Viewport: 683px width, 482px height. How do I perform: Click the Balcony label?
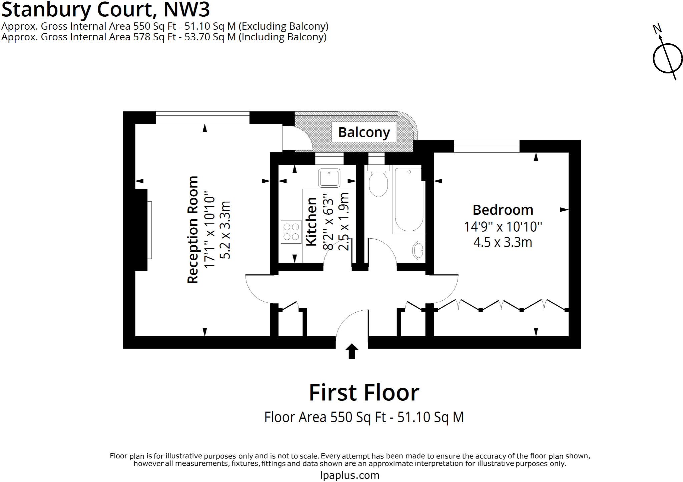[364, 132]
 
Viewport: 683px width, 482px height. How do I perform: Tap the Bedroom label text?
[503, 210]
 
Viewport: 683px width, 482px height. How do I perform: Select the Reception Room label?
[193, 230]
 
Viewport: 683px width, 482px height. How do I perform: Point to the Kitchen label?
[311, 222]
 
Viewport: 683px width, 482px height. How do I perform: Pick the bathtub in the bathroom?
[409, 200]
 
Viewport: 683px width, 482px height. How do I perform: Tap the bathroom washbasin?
[419, 250]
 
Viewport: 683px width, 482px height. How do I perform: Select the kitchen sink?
[329, 178]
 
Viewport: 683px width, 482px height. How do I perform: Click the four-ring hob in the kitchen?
[291, 232]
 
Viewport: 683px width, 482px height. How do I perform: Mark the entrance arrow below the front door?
[352, 352]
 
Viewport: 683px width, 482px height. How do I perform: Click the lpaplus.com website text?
[350, 475]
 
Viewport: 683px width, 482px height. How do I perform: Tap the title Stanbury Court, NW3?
[106, 9]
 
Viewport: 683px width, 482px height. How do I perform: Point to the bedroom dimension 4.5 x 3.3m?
[503, 242]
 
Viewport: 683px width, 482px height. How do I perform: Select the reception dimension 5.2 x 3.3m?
[225, 230]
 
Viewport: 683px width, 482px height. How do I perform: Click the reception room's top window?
[202, 118]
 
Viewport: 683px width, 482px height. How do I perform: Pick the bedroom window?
[487, 146]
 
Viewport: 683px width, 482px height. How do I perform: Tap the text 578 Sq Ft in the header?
[154, 37]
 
